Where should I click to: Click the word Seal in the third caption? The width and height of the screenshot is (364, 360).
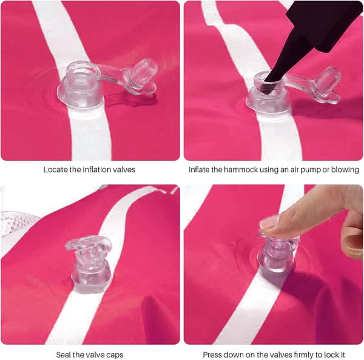click(x=63, y=355)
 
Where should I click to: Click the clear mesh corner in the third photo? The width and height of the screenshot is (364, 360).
click(x=16, y=223)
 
